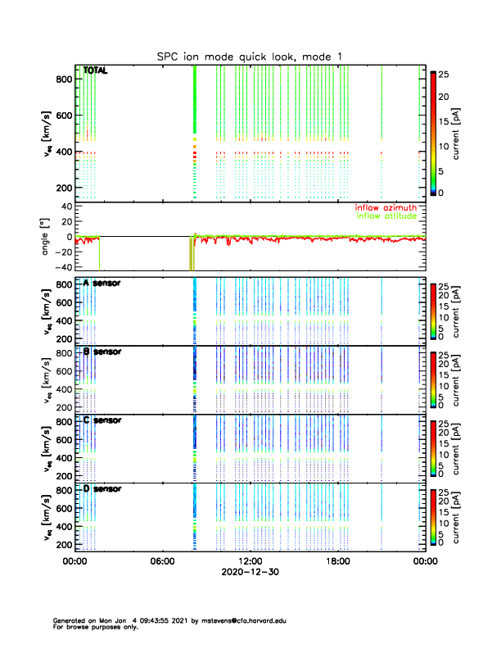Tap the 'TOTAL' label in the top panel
tap(96, 70)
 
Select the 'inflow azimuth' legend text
tap(382, 208)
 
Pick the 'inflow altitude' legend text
tap(382, 216)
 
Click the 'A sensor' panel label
tap(102, 283)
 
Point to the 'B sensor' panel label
tap(102, 352)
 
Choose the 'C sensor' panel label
tap(102, 420)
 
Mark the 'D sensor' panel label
tap(102, 489)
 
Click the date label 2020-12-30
tap(250, 573)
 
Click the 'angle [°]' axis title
tap(46, 236)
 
